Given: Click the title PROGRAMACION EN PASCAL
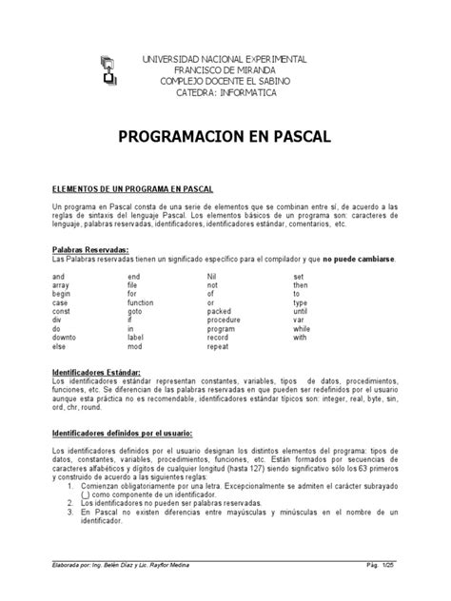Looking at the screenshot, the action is tap(225, 137).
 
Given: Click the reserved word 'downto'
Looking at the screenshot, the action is tap(67, 338).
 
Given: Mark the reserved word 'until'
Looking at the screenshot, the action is tap(301, 311).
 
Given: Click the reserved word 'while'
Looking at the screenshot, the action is tap(302, 329).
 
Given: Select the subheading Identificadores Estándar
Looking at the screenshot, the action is tap(97, 372).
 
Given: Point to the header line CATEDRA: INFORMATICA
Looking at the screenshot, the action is tap(225, 93).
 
